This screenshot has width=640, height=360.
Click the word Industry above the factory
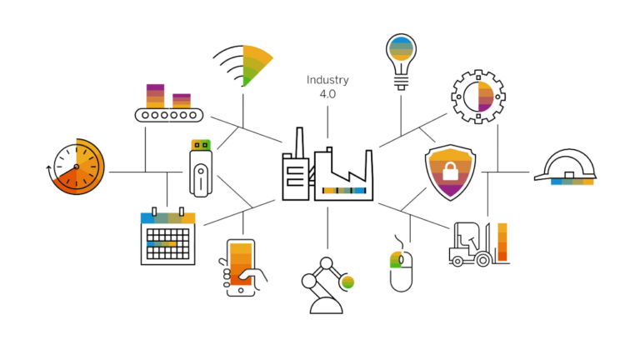click(x=327, y=80)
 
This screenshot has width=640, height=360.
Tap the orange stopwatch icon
click(x=76, y=167)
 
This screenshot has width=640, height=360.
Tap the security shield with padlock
click(x=450, y=173)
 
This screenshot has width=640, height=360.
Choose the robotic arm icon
click(x=327, y=285)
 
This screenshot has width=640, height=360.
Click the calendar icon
click(x=168, y=237)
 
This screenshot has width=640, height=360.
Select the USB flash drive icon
click(x=199, y=167)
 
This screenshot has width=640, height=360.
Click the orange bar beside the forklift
click(x=502, y=242)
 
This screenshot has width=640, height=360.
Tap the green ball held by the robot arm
click(x=347, y=282)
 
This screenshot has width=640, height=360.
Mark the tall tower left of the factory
click(x=294, y=167)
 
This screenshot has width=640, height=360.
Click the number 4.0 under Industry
click(x=327, y=94)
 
